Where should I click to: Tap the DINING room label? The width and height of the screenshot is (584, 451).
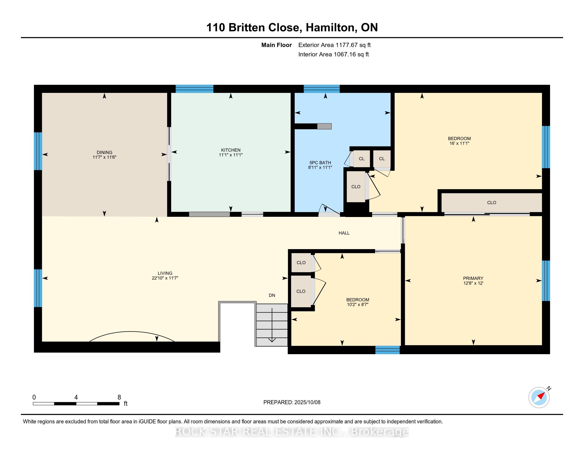tap(105, 153)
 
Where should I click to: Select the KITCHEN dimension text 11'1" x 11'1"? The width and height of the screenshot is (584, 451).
tap(231, 155)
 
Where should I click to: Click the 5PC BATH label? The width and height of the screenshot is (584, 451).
tap(320, 163)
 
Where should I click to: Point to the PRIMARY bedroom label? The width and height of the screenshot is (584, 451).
tap(473, 278)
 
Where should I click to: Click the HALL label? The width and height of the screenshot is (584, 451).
tap(344, 233)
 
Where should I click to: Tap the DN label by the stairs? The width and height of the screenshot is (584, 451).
tap(272, 295)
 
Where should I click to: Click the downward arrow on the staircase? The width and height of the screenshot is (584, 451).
tap(272, 325)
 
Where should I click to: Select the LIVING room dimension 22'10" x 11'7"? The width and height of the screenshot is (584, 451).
tap(165, 278)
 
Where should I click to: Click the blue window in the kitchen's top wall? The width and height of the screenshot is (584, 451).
tap(194, 89)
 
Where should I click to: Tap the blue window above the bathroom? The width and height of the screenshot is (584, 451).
tap(322, 89)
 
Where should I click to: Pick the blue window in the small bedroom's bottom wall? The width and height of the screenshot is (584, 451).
tap(388, 350)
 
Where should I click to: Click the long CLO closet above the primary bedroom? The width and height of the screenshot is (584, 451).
tap(491, 203)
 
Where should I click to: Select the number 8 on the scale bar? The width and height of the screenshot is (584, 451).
tap(119, 397)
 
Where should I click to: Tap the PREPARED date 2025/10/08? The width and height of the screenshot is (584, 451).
tap(307, 402)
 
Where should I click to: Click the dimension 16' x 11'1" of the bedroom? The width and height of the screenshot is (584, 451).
tap(460, 144)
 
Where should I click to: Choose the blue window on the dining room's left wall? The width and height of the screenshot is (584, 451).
tap(38, 151)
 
